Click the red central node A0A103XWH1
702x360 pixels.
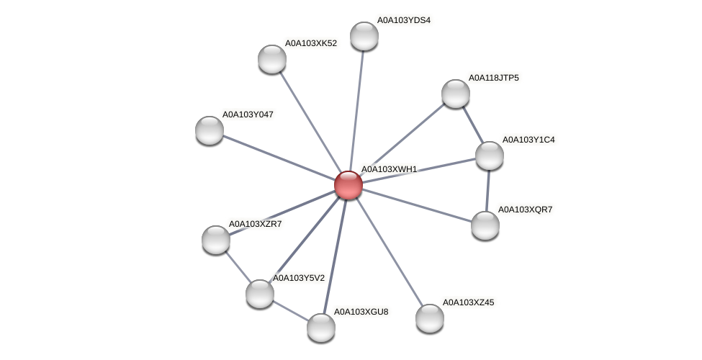point(348,185)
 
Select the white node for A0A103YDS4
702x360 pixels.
point(364,36)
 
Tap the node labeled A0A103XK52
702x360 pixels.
point(272,59)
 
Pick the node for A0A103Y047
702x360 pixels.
point(210,130)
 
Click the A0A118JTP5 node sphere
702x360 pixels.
point(456,94)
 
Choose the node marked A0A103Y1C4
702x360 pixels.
point(490,156)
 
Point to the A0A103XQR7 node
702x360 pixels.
point(485,225)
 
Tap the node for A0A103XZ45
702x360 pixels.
point(430,318)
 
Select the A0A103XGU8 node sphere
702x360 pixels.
point(321,328)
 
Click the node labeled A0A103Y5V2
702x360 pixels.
point(260,294)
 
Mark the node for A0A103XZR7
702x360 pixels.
point(216,240)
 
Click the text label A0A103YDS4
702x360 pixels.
point(403,20)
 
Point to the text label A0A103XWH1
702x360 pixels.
point(389,169)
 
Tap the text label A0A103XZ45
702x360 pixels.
point(468,302)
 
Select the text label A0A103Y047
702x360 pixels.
point(248,114)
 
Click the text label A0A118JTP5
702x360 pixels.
point(493,78)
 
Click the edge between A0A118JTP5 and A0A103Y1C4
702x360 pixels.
point(473,125)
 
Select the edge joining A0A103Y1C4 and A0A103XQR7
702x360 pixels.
point(487,191)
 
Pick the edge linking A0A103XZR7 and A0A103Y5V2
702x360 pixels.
point(238,266)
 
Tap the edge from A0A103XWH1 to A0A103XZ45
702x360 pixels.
point(389,252)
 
